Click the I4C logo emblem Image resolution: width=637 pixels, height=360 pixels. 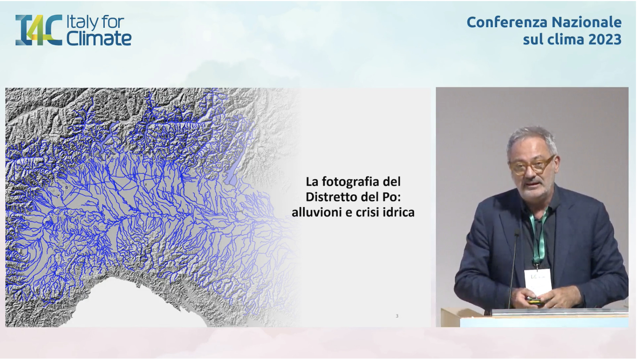pyautogui.click(x=39, y=30)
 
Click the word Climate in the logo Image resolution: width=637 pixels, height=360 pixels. pyautogui.click(x=99, y=38)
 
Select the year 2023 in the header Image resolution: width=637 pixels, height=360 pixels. pyautogui.click(x=605, y=39)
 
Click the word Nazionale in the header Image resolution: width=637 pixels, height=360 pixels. pyautogui.click(x=587, y=22)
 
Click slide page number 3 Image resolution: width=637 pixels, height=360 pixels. pyautogui.click(x=397, y=316)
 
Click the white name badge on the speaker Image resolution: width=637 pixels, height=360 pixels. pyautogui.click(x=538, y=281)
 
